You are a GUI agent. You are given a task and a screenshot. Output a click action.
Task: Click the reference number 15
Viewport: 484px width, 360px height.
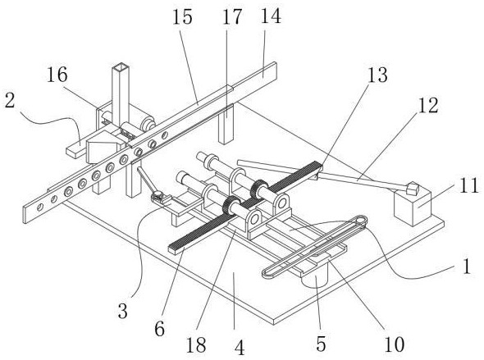click(x=182, y=16)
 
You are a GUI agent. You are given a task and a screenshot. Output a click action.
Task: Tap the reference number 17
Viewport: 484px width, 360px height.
click(x=232, y=16)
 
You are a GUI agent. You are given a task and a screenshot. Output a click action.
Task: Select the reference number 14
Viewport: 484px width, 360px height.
click(x=271, y=16)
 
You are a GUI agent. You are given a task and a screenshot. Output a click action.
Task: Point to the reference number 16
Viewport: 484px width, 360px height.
click(x=57, y=75)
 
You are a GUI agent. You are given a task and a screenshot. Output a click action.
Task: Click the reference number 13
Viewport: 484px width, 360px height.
click(x=377, y=75)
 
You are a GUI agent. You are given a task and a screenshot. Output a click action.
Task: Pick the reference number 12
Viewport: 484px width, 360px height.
click(x=428, y=105)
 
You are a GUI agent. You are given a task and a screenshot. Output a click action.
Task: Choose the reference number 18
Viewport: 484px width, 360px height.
click(x=196, y=344)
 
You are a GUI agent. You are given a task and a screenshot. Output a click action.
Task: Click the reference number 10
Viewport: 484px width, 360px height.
click(x=395, y=344)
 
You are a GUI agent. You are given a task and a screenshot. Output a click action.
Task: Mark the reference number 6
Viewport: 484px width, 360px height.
click(x=160, y=329)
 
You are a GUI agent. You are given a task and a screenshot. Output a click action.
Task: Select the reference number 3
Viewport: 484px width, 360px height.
click(x=122, y=312)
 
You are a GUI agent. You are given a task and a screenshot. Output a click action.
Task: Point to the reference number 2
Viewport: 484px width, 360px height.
click(x=10, y=101)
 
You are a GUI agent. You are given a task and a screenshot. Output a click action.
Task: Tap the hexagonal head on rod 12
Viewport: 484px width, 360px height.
click(x=413, y=188)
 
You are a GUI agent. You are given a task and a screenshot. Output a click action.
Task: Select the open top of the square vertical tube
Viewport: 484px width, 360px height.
click(x=121, y=66)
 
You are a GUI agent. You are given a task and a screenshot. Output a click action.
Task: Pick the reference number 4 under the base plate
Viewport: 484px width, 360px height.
click(x=240, y=348)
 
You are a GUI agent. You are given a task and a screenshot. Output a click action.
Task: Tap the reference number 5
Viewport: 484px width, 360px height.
click(x=321, y=344)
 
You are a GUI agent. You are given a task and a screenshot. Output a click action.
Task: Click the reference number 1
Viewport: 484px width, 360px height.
click(x=468, y=267)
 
